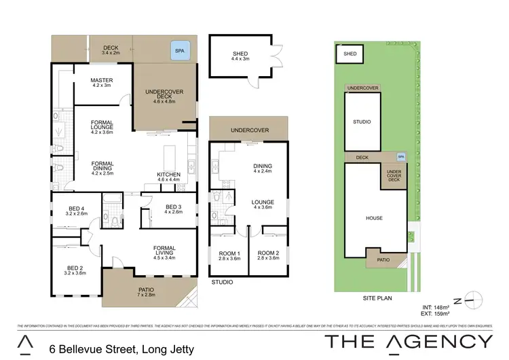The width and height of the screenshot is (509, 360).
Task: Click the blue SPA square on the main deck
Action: pyautogui.click(x=180, y=52)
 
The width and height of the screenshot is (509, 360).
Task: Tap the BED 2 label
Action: pyautogui.click(x=76, y=270)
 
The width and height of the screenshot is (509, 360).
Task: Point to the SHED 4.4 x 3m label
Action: pyautogui.click(x=240, y=55)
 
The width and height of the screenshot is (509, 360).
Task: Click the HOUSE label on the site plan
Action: pyautogui.click(x=374, y=218)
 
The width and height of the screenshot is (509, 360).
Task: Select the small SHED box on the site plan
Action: pyautogui.click(x=350, y=54)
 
